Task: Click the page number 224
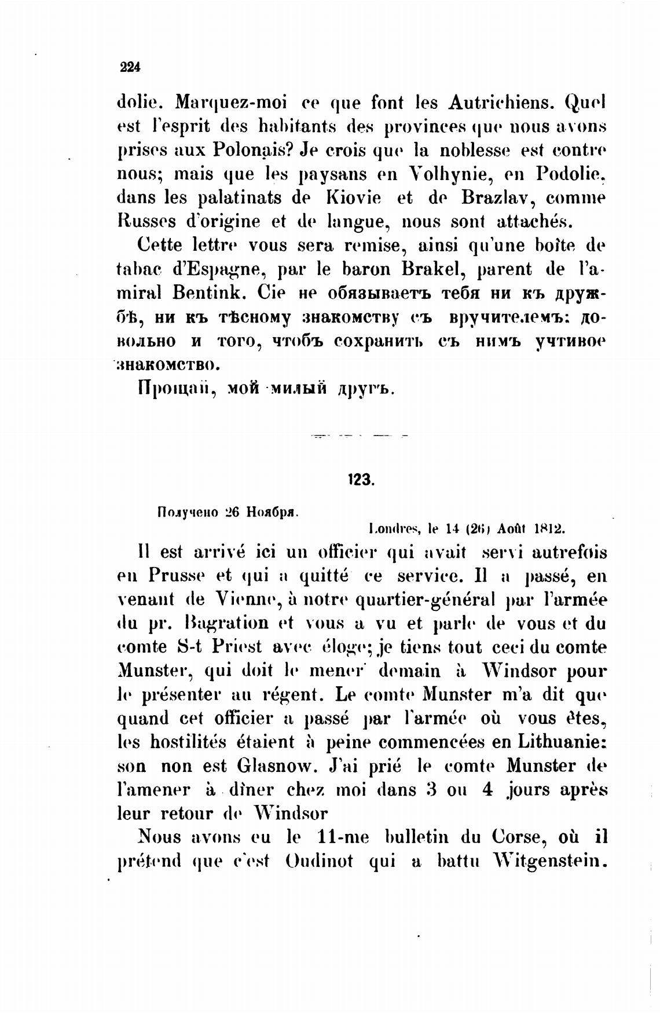(130, 67)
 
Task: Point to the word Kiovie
(353, 197)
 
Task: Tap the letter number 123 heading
(361, 479)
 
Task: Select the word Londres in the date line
(395, 528)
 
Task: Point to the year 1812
(549, 528)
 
